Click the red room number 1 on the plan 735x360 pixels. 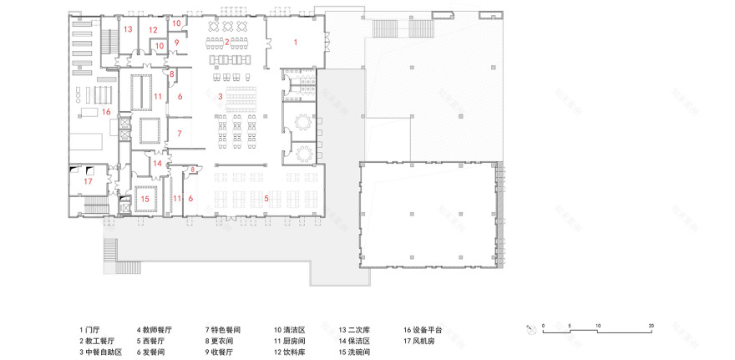pos(295,40)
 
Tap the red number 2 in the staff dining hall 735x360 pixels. pos(227,40)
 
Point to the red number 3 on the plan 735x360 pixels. pos(220,97)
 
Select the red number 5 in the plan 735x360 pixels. pos(266,198)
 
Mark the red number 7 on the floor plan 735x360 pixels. pos(178,133)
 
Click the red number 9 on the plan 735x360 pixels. pos(176,41)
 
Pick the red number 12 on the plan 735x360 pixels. pos(153,30)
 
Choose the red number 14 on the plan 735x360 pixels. pos(157,164)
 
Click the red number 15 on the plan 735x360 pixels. pos(144,200)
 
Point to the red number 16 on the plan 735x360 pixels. pos(106,111)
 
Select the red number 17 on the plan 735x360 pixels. pos(88,180)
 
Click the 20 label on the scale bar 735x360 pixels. pos(651,324)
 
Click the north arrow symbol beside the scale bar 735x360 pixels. pos(530,328)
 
